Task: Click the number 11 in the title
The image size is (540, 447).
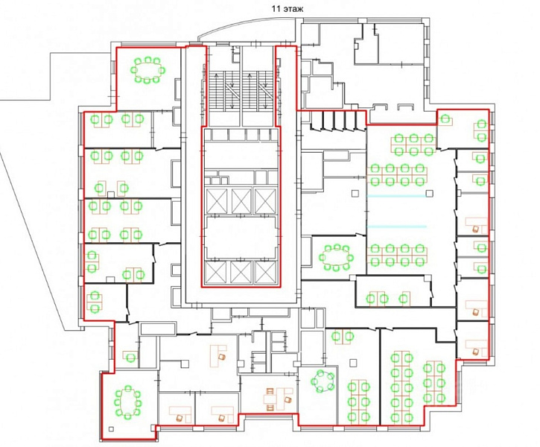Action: click(x=276, y=9)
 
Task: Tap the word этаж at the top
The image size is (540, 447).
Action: click(x=293, y=9)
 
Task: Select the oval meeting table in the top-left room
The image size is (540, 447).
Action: click(x=147, y=70)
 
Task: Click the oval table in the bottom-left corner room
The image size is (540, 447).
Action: click(x=128, y=402)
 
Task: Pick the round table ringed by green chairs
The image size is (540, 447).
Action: click(x=323, y=381)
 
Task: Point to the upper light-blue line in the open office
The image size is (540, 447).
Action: click(x=397, y=196)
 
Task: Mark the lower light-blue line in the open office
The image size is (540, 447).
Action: click(x=397, y=226)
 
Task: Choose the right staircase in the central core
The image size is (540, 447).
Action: click(x=256, y=91)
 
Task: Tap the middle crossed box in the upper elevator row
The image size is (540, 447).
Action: click(x=241, y=200)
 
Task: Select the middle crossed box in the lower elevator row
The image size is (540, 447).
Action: click(x=241, y=272)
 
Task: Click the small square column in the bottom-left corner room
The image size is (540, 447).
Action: click(x=111, y=429)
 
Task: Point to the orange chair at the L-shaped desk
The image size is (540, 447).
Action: click(x=222, y=356)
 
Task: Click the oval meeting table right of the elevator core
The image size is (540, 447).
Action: click(x=335, y=257)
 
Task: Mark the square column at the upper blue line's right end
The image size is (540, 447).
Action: click(x=429, y=194)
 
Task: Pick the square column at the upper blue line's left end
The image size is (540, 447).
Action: click(x=355, y=194)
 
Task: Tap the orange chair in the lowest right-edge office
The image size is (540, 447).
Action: click(x=476, y=352)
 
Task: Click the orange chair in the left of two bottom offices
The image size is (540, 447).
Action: click(x=180, y=418)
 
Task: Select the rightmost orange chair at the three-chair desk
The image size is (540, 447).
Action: click(x=288, y=400)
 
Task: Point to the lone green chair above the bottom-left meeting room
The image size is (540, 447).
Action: click(x=130, y=357)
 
